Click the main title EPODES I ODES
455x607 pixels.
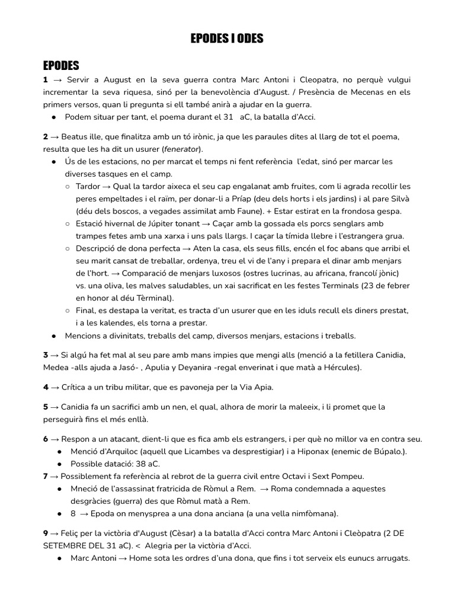[227, 39]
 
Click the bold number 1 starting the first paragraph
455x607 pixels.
[45, 79]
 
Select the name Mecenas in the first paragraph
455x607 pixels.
[348, 92]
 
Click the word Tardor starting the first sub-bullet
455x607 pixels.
[88, 186]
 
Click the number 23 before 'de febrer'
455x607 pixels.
[371, 286]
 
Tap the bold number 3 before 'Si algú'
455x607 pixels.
[45, 355]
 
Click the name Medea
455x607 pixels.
[56, 368]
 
